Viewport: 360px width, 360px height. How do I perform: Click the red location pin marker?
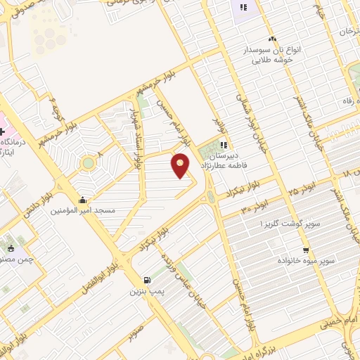181,165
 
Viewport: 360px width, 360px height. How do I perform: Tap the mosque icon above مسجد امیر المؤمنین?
83,199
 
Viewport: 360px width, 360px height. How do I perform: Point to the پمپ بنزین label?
146,291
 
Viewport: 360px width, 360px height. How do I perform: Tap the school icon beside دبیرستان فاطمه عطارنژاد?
224,144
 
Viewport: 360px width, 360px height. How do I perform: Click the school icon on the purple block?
243,8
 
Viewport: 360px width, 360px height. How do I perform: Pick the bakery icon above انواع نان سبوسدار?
272,39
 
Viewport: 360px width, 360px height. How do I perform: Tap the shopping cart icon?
305,250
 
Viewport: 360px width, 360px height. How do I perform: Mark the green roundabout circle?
88,163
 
